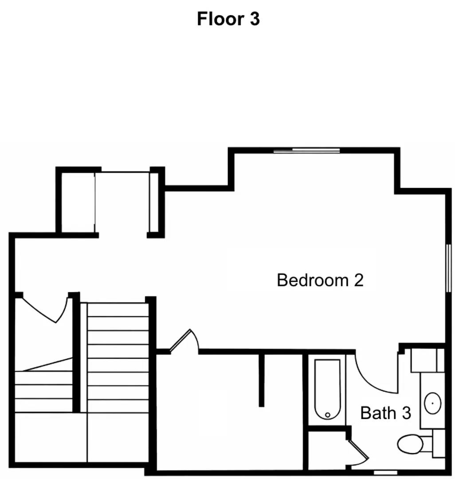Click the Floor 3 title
[x=228, y=19]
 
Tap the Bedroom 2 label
[x=320, y=280]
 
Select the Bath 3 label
[x=385, y=413]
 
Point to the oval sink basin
[x=432, y=403]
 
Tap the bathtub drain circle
[x=328, y=415]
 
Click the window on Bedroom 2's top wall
[x=306, y=151]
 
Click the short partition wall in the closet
[x=262, y=380]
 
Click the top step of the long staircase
[x=118, y=310]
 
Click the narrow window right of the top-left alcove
[x=154, y=202]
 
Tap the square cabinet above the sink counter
[x=427, y=360]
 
